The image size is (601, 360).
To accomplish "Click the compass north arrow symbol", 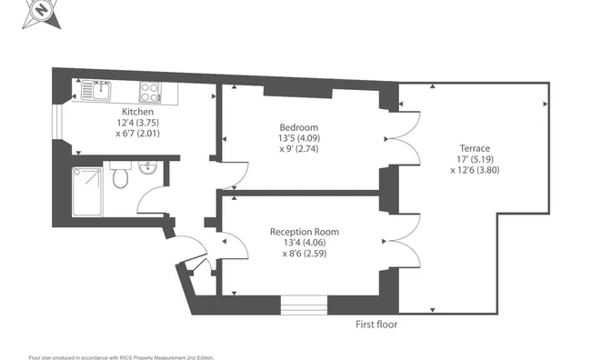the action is (x=42, y=13).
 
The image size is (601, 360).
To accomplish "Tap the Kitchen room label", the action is (x=137, y=112).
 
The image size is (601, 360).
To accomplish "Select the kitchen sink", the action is (x=95, y=91).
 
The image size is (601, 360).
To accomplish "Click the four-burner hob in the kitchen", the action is (x=150, y=93).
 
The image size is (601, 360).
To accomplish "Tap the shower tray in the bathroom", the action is (x=87, y=191).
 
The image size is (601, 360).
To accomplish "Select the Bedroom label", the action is (x=298, y=127).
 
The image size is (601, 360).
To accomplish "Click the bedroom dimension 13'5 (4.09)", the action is (x=299, y=138).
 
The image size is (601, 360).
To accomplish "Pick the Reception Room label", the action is (x=305, y=232).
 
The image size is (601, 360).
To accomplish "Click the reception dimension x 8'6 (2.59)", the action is (x=305, y=254).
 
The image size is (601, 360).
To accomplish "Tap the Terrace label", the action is (x=475, y=148).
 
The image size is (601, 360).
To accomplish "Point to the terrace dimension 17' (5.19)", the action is (x=475, y=159).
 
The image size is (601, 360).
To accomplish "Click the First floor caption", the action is (x=376, y=325).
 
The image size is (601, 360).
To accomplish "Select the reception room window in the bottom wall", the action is (x=304, y=305).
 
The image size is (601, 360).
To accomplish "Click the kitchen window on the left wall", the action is (x=57, y=122).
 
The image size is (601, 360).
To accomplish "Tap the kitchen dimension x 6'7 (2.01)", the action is (x=137, y=134).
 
